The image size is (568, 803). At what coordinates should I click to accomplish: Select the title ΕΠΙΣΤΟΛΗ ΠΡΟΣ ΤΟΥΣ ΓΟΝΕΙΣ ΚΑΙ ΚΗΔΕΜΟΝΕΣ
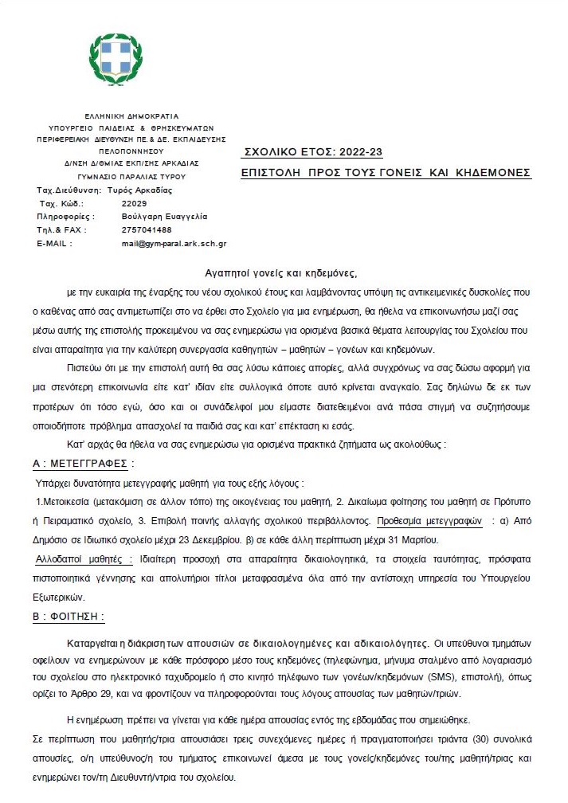click(386, 173)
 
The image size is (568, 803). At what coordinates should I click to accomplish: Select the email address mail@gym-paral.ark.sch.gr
click(174, 243)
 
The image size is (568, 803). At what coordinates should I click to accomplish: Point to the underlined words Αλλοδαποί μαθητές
click(86, 558)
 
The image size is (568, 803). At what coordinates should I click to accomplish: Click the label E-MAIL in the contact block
click(53, 243)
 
